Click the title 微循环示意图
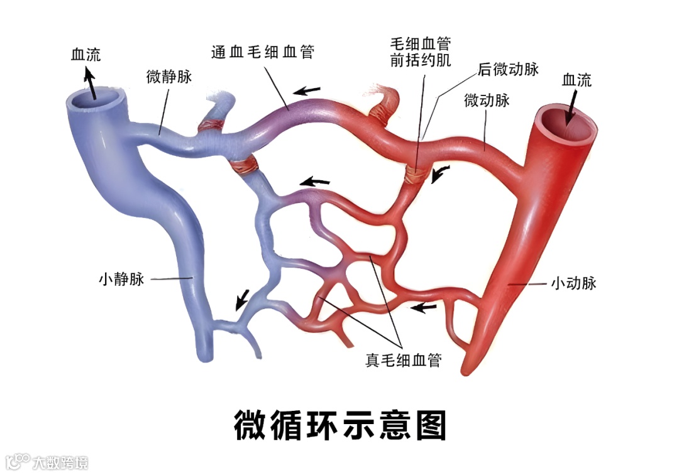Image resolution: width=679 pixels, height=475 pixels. tap(340, 425)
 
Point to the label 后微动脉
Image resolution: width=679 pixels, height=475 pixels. tap(508, 69)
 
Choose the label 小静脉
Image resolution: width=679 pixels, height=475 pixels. tap(121, 278)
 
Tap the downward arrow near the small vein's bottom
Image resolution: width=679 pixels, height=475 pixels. tap(241, 300)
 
